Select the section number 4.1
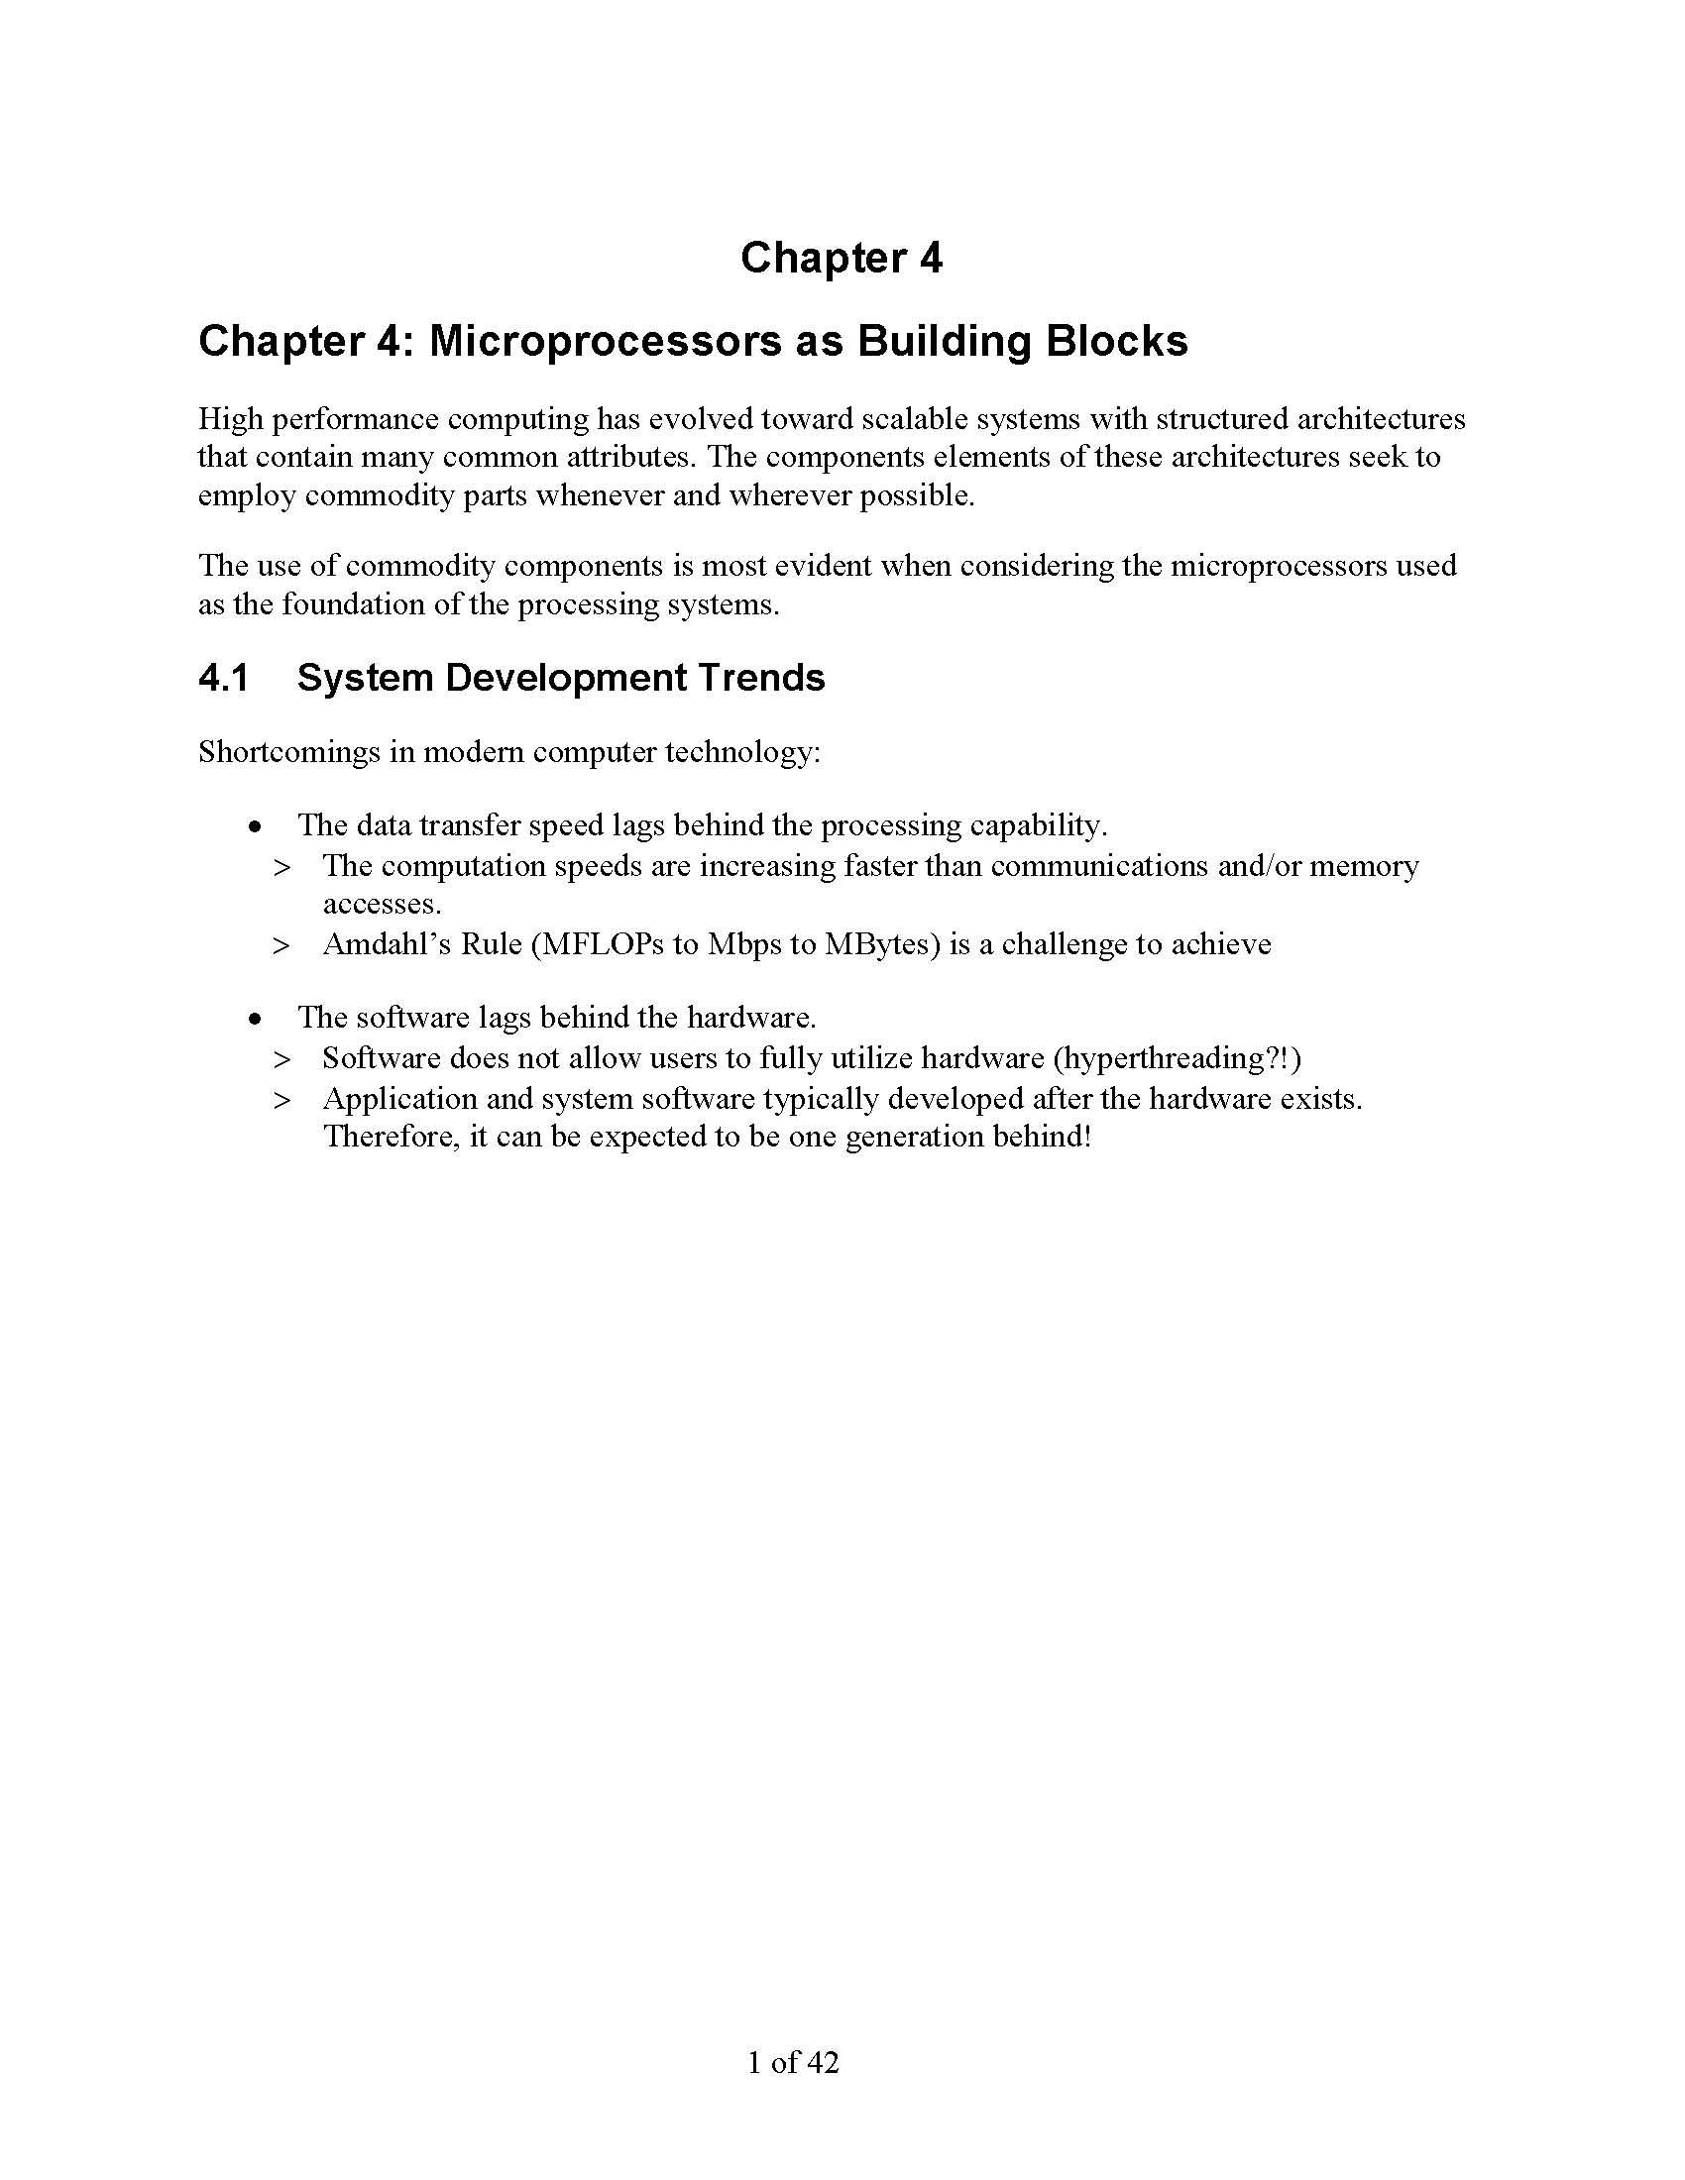tap(223, 678)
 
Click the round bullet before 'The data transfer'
tap(257, 827)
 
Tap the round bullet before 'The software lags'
tap(257, 1019)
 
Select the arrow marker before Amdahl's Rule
tap(281, 945)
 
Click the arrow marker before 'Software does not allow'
tap(281, 1059)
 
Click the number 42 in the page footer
tap(823, 2062)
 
